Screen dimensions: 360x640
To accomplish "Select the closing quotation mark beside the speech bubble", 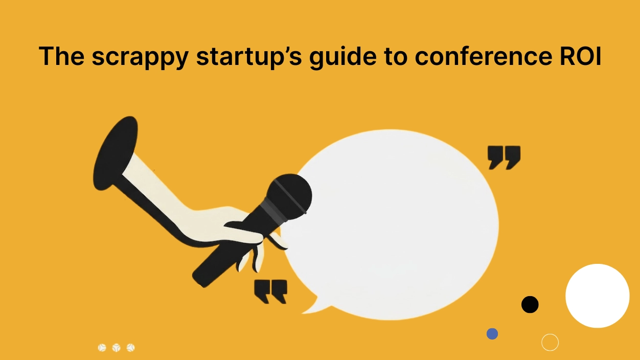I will coord(504,156).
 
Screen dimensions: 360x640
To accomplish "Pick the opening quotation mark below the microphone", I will coord(270,291).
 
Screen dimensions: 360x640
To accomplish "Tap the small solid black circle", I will coord(530,304).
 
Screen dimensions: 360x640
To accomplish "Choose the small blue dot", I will coord(492,334).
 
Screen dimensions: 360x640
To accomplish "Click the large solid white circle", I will coord(597,296).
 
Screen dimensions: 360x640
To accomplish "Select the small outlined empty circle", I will coord(550,342).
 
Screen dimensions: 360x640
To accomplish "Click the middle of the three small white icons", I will coord(116,348).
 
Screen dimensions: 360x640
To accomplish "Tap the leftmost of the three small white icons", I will coord(102,348).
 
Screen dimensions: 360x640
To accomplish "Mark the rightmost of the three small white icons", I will coord(130,348).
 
